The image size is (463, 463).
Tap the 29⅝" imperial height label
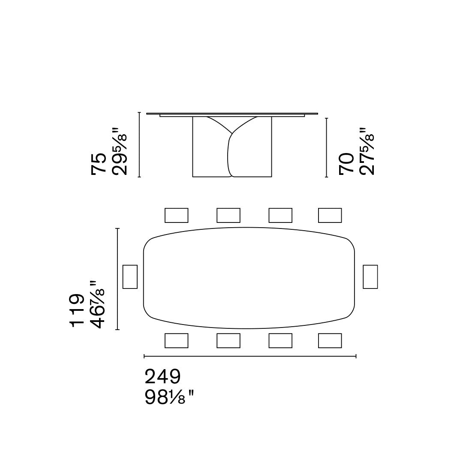coord(119,151)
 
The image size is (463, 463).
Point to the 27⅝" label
coord(367,151)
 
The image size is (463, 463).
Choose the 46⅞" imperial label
coord(96,304)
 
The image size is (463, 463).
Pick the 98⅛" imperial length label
coord(169,397)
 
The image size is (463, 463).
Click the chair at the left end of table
coord(130,277)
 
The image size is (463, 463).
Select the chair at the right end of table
coord(370,277)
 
